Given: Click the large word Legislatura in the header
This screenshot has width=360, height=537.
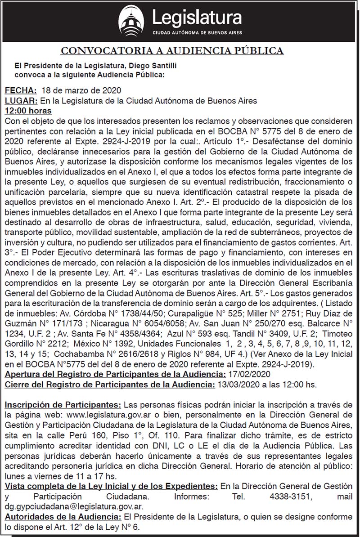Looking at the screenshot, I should point(197,18).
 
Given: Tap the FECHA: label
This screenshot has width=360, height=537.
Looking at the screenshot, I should point(19,92).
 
